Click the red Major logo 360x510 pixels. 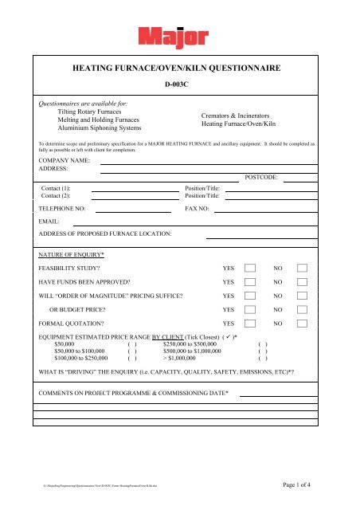[x=180, y=37]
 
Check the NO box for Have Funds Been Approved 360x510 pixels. [x=302, y=282]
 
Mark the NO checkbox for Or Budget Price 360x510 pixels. [x=302, y=310]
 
